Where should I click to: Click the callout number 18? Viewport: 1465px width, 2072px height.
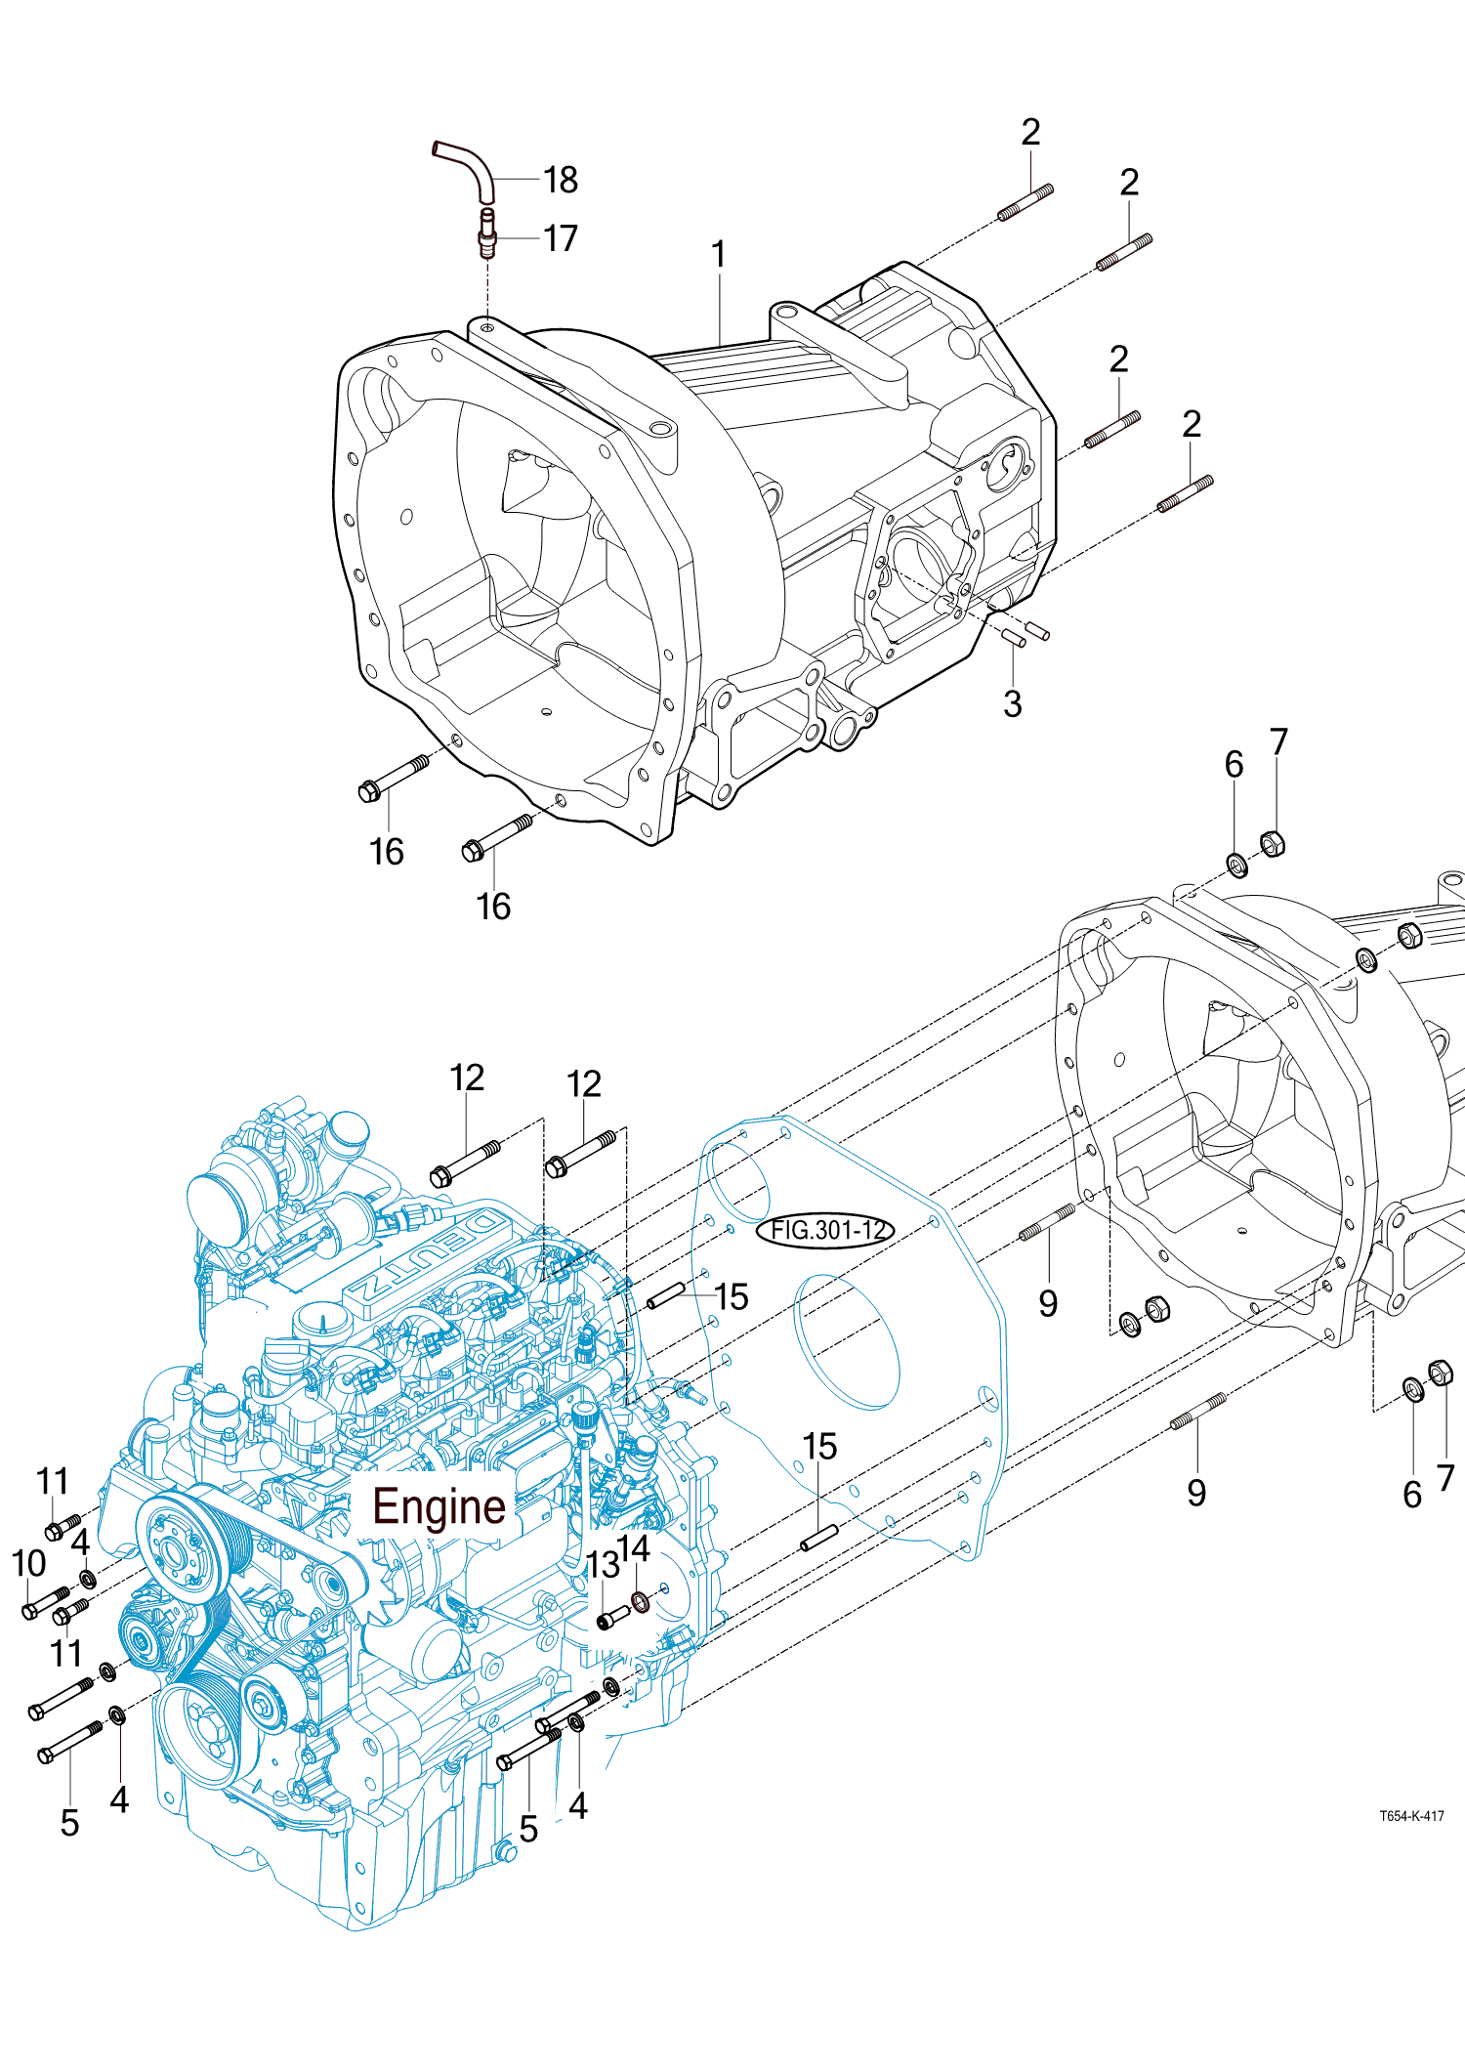pyautogui.click(x=561, y=180)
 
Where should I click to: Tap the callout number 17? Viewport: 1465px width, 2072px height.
pyautogui.click(x=561, y=238)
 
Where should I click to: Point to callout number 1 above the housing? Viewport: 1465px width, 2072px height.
pyautogui.click(x=719, y=255)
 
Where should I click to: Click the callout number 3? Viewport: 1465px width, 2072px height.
pyautogui.click(x=1013, y=704)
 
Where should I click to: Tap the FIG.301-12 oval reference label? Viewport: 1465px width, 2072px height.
pyautogui.click(x=826, y=1230)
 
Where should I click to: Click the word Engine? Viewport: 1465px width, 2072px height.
pyautogui.click(x=439, y=1506)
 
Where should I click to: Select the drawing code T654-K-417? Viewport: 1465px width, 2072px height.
pyautogui.click(x=1411, y=1816)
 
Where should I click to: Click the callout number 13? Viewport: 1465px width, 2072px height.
pyautogui.click(x=603, y=1565)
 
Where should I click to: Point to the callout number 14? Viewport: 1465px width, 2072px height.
pyautogui.click(x=635, y=1548)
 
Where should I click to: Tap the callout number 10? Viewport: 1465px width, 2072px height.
pyautogui.click(x=29, y=1563)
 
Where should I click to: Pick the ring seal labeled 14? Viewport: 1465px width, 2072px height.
pyautogui.click(x=641, y=1602)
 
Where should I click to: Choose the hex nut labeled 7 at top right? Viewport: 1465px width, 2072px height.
pyautogui.click(x=1272, y=843)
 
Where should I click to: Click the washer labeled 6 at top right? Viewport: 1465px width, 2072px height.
pyautogui.click(x=1236, y=865)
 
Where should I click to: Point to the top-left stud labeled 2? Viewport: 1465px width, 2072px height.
pyautogui.click(x=1025, y=202)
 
